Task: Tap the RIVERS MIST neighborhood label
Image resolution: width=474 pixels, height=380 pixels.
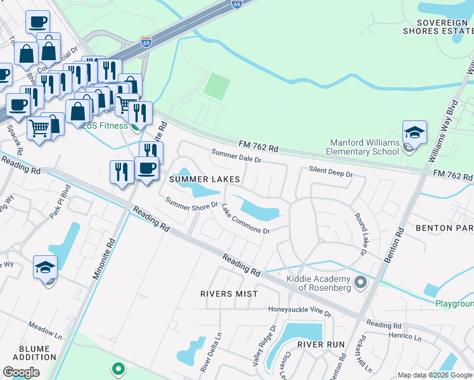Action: click(x=229, y=294)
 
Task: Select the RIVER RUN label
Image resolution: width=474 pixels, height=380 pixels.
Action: click(x=321, y=345)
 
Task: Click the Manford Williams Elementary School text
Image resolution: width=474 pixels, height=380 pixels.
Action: click(x=363, y=147)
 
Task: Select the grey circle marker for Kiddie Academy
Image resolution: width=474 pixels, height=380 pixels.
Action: click(x=361, y=281)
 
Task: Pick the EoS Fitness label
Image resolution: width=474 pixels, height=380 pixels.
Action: click(x=105, y=125)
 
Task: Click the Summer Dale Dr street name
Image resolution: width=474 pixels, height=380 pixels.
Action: click(x=236, y=156)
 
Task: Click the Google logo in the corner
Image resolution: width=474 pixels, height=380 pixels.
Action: click(x=21, y=372)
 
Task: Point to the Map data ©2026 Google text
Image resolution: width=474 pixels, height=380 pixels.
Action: click(x=435, y=375)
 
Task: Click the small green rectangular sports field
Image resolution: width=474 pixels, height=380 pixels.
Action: click(x=217, y=85)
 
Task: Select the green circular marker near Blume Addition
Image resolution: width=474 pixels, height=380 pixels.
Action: click(x=117, y=368)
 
